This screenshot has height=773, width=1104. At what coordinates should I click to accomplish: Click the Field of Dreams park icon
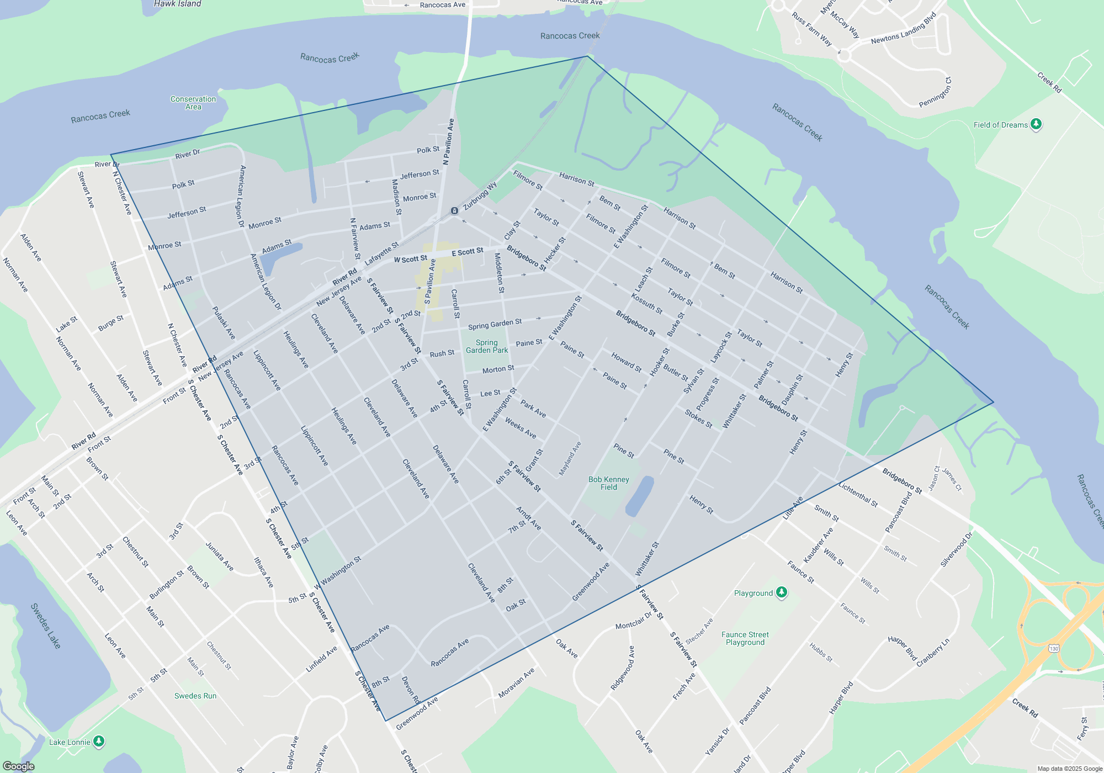(1036, 124)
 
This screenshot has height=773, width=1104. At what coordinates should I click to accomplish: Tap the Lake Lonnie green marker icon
(99, 742)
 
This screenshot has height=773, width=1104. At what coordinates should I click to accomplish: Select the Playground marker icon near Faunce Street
(781, 592)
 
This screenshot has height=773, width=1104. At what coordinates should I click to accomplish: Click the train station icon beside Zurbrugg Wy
(454, 210)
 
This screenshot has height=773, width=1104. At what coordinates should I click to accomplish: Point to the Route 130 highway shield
(1054, 648)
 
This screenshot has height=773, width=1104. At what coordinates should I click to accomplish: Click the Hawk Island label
(177, 4)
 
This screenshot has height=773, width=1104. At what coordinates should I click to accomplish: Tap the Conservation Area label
(193, 103)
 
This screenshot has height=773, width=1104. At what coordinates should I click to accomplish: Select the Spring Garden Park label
(486, 346)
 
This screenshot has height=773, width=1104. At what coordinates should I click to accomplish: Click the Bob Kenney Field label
(608, 483)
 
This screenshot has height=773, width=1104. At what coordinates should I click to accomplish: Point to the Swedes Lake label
(46, 626)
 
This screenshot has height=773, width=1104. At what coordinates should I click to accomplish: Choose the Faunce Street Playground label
(745, 638)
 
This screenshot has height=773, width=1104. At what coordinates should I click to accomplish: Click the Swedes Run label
(195, 696)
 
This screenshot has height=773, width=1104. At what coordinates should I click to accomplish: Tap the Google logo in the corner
(18, 766)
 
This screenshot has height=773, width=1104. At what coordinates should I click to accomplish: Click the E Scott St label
(468, 252)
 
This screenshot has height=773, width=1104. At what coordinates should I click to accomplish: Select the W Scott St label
(410, 259)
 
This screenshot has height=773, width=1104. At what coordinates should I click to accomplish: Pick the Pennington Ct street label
(936, 92)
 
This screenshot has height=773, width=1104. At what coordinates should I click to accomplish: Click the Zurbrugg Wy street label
(480, 196)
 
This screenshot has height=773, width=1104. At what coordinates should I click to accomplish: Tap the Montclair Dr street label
(634, 622)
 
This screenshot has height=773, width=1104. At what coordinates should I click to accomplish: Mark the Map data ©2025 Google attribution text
(1070, 769)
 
